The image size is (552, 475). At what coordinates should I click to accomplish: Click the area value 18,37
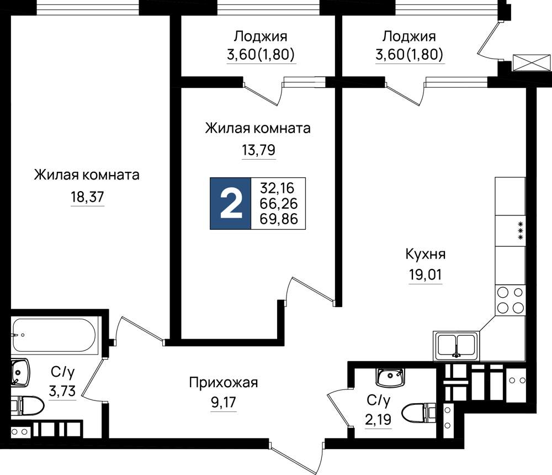(88, 197)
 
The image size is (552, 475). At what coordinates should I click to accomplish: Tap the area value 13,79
(259, 150)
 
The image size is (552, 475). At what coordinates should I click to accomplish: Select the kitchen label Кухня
(426, 254)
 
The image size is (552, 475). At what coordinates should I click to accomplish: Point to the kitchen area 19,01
(425, 274)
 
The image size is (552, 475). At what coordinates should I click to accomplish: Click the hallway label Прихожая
(224, 382)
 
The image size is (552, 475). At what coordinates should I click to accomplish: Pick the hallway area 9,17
(224, 402)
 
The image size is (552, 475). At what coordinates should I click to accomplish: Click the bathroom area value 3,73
(62, 391)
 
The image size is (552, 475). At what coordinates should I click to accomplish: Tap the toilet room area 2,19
(378, 420)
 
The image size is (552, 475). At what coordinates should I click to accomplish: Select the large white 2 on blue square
(231, 204)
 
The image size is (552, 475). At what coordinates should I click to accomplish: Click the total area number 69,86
(278, 219)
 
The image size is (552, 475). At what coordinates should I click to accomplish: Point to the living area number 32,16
(277, 188)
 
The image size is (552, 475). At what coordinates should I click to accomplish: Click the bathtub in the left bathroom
(53, 335)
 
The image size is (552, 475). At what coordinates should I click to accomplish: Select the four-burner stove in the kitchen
(510, 300)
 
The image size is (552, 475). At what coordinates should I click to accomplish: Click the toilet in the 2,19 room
(418, 413)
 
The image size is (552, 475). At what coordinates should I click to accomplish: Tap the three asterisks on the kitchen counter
(521, 231)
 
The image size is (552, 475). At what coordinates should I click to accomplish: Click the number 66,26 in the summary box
(278, 204)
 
